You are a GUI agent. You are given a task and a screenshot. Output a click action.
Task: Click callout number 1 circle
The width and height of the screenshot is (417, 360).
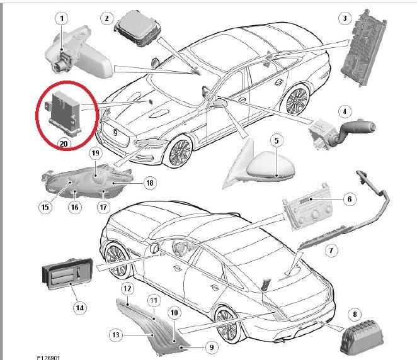click(x=62, y=18)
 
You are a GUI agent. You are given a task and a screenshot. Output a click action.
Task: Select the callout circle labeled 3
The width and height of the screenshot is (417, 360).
click(x=345, y=18)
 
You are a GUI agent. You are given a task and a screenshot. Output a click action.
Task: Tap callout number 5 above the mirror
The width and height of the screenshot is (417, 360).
click(x=277, y=140)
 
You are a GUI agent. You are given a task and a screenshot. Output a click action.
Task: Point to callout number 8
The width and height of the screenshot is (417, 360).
click(x=355, y=315)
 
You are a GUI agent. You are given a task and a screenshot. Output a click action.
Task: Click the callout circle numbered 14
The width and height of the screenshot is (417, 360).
click(x=80, y=308)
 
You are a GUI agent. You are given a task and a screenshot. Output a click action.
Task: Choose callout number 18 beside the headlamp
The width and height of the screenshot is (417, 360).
click(x=150, y=183)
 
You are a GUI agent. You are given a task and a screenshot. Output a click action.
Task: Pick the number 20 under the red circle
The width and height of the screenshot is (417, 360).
click(x=64, y=143)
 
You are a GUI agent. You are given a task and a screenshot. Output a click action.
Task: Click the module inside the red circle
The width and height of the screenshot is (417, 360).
click(x=63, y=112)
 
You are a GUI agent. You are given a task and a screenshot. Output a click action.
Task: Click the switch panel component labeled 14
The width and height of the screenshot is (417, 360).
click(x=67, y=274)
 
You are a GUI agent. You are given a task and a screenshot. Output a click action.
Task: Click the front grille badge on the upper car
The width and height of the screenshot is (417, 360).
click(x=115, y=132)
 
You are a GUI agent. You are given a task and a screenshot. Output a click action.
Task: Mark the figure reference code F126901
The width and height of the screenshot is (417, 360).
click(x=49, y=358)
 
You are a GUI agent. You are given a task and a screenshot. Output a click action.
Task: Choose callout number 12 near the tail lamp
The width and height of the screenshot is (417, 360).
click(x=127, y=288)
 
